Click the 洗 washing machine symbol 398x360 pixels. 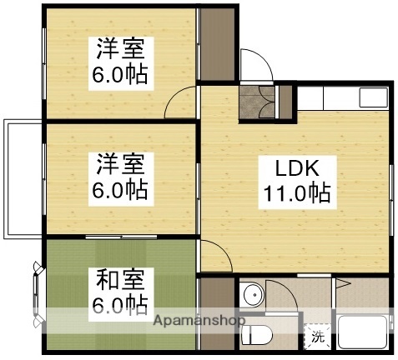tap(317, 337)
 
